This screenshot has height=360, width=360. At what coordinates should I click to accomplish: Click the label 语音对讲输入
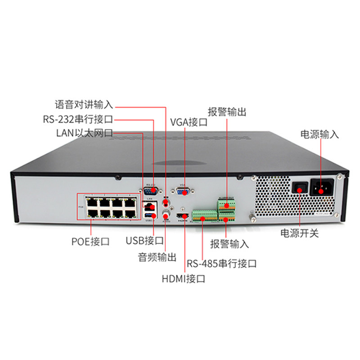click(x=84, y=105)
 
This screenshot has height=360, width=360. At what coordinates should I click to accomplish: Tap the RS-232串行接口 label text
click(x=77, y=119)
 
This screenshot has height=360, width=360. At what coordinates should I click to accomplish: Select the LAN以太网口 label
click(x=84, y=133)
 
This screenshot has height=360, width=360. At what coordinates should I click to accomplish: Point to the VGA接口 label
click(x=189, y=122)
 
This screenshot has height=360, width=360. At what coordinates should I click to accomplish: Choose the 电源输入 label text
click(x=319, y=134)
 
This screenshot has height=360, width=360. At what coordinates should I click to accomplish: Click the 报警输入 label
click(x=229, y=244)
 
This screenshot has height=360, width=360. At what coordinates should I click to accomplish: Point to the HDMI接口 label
click(x=184, y=279)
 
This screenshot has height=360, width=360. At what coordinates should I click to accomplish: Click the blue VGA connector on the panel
click(x=182, y=192)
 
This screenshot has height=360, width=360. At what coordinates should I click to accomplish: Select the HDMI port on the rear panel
click(x=183, y=218)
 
